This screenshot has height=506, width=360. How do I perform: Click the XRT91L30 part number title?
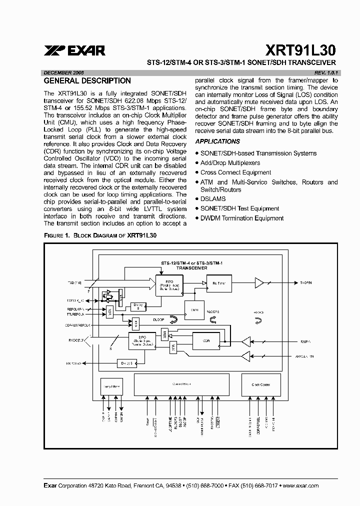(301, 50)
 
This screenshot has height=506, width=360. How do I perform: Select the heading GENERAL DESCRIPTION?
(87, 80)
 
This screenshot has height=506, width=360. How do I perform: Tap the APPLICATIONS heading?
(217, 141)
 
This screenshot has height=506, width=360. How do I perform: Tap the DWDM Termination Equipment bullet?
(242, 218)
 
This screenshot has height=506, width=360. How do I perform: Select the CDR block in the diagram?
(206, 341)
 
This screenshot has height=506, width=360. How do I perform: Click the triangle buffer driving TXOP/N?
(259, 283)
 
